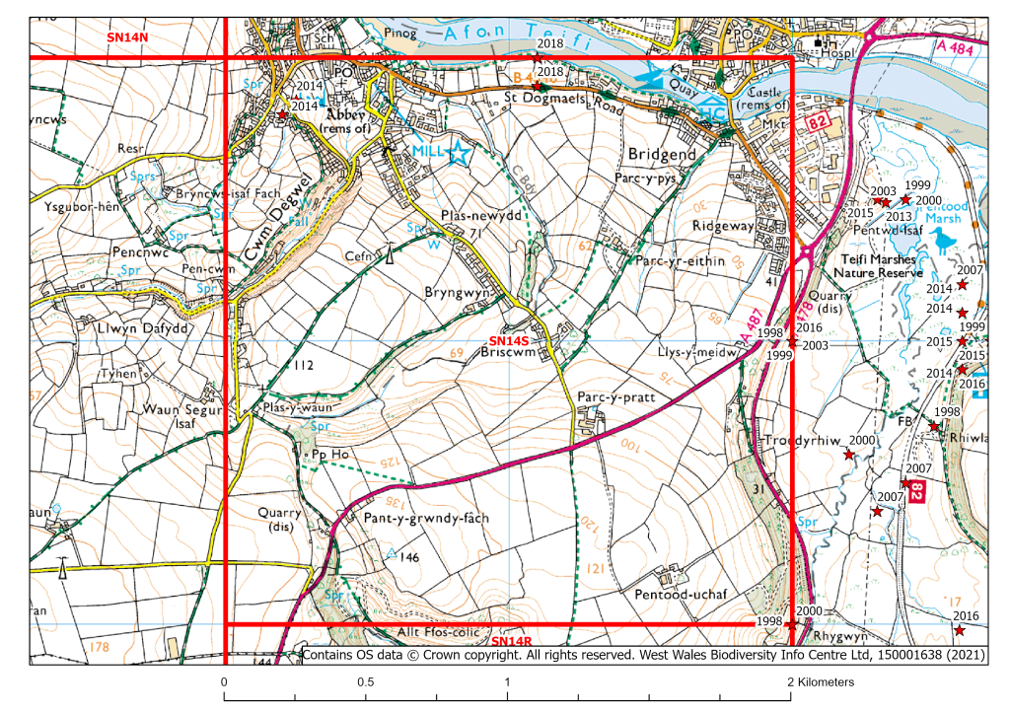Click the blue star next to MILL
pos(458,153)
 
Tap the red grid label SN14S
pos(505,340)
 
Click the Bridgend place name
pos(661,156)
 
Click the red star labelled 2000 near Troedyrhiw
pos(848,454)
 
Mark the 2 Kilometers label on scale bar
pos(822,682)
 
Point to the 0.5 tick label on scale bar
pos(366,682)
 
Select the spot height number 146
pos(410,557)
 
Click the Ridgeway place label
pos(722,226)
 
